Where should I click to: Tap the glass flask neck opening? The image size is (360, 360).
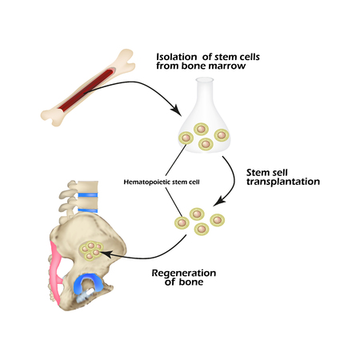[209, 83]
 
